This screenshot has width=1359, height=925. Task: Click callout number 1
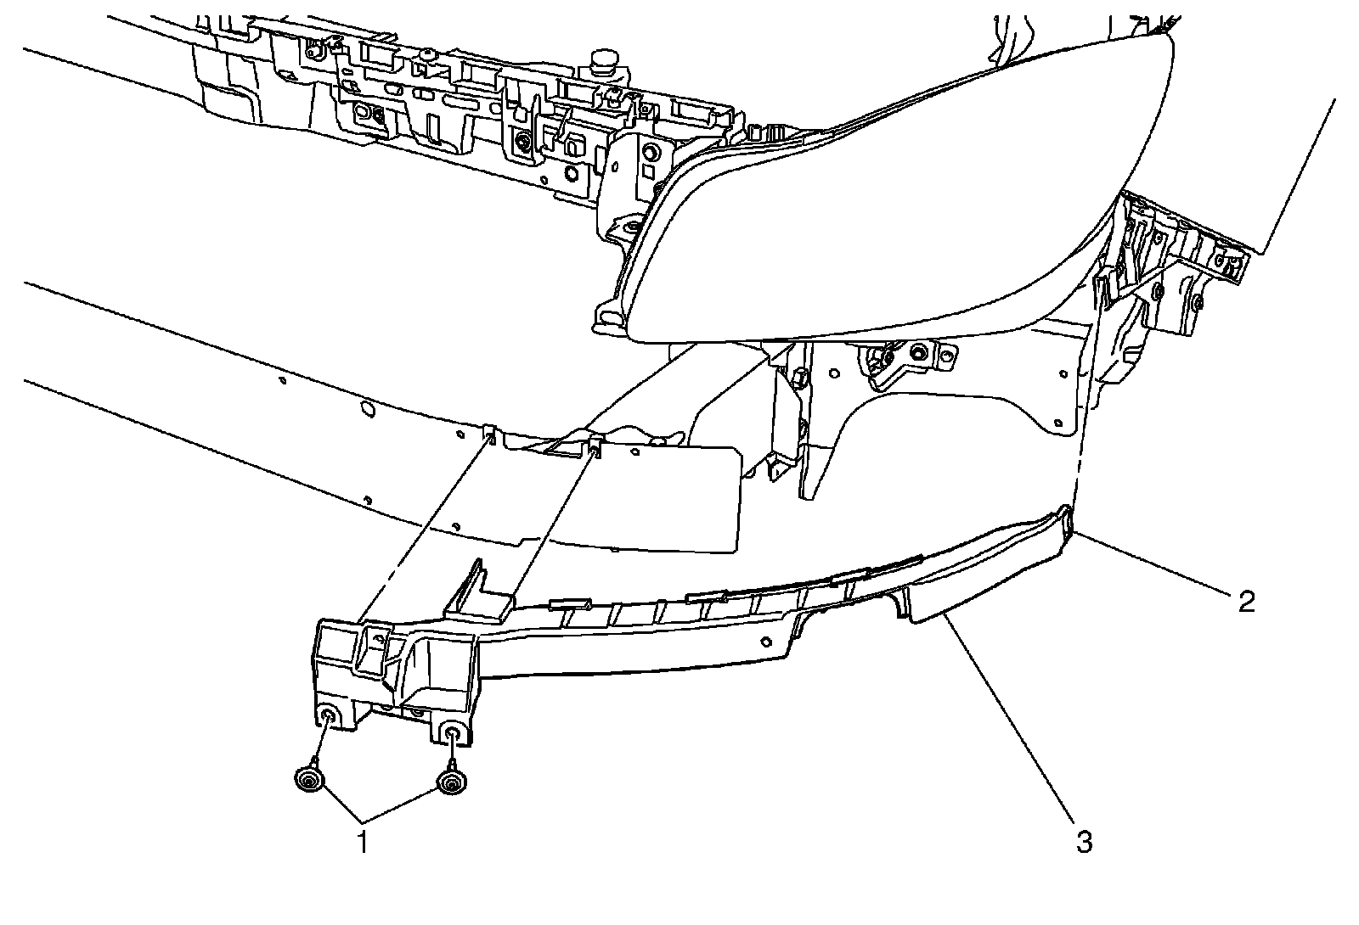click(x=363, y=844)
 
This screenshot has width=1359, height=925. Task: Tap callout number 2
click(x=1245, y=602)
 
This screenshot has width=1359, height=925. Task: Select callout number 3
click(x=1084, y=843)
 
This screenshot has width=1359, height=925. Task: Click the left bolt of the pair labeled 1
click(x=309, y=779)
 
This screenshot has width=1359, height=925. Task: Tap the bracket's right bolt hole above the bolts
click(x=454, y=733)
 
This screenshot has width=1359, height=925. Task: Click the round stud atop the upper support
click(x=603, y=60)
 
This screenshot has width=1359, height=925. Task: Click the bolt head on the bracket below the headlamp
click(x=917, y=352)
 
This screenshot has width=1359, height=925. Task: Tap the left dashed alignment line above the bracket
click(x=425, y=526)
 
